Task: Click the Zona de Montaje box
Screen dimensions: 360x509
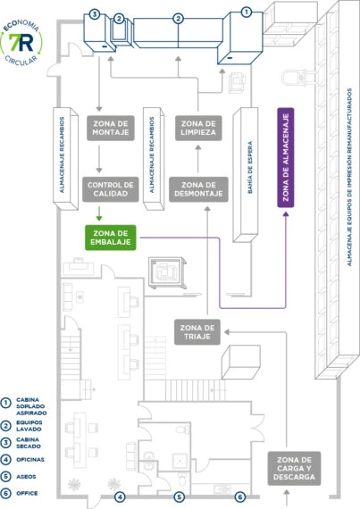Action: click(x=111, y=128)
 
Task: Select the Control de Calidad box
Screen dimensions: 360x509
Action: click(x=111, y=189)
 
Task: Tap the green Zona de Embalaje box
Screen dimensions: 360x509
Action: click(x=111, y=238)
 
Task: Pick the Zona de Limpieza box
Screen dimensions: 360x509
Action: click(x=198, y=128)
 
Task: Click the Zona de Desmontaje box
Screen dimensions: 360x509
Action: click(x=198, y=189)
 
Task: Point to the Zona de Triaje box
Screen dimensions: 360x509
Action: click(x=197, y=332)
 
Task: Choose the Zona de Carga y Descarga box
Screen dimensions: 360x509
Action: click(x=294, y=469)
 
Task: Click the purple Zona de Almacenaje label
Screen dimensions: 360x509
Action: click(x=286, y=157)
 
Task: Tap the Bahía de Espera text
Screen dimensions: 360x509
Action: click(x=249, y=167)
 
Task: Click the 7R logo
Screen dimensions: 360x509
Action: click(x=21, y=43)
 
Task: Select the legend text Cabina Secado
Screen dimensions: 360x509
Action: click(x=29, y=443)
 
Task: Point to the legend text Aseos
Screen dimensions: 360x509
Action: click(x=26, y=477)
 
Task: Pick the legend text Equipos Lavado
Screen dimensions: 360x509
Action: click(x=29, y=426)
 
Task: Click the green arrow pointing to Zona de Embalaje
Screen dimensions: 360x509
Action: click(x=99, y=213)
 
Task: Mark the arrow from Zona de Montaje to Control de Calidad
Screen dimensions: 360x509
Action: click(x=99, y=159)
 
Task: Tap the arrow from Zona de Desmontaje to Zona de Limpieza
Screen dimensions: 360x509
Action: click(x=198, y=159)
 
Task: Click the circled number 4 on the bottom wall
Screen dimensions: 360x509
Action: click(x=120, y=496)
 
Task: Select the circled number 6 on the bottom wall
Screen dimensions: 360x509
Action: click(x=240, y=496)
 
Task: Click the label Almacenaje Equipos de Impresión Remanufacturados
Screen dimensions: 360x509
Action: click(x=349, y=177)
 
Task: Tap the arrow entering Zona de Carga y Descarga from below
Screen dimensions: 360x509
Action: click(x=287, y=497)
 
